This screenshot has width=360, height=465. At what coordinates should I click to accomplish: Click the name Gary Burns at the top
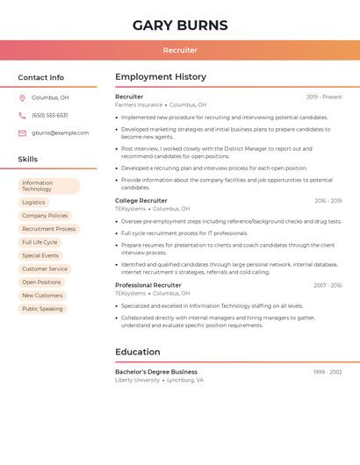point(180,25)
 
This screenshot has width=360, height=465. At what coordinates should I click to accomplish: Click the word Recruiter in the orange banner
point(180,50)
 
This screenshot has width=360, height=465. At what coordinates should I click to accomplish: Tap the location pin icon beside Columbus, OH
point(22,97)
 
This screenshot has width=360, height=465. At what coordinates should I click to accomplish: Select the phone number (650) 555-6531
point(49,115)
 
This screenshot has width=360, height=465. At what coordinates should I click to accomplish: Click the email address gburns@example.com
point(60,132)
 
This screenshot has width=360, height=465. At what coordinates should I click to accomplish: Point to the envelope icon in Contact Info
point(22,132)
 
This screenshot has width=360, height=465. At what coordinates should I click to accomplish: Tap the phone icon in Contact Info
point(22,115)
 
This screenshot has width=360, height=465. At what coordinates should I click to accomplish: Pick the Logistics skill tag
point(33,202)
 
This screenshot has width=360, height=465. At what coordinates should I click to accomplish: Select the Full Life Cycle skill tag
point(40,242)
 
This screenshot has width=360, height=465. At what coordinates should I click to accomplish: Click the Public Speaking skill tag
point(42,309)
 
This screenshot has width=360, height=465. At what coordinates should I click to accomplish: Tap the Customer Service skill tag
point(45,268)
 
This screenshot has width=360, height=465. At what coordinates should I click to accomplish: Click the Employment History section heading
point(161,76)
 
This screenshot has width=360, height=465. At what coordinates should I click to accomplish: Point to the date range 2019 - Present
point(324,97)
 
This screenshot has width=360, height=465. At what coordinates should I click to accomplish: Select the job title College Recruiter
point(140,201)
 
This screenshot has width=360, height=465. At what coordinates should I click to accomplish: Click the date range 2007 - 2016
point(328,285)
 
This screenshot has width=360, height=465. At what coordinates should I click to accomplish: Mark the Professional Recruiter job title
point(148,285)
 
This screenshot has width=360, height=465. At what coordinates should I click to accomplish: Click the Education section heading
point(138,352)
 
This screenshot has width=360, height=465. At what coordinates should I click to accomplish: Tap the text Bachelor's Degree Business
point(156,372)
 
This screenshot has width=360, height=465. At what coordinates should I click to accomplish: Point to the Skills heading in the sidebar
point(28,159)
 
